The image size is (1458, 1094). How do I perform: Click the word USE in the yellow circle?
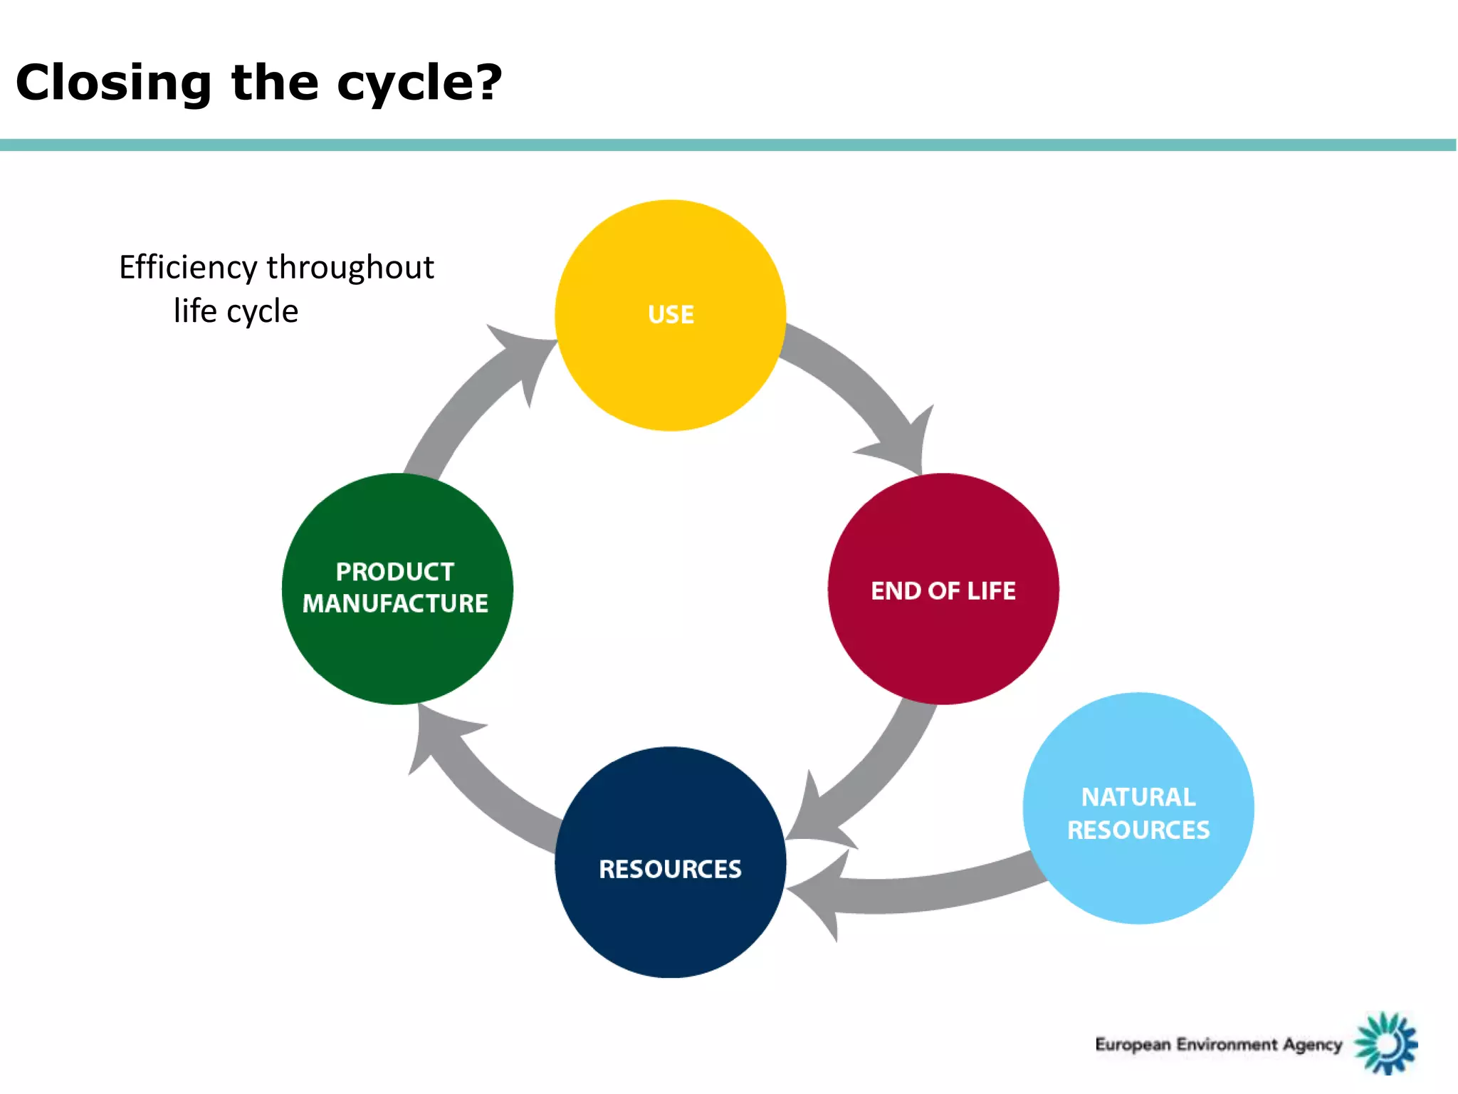pyautogui.click(x=671, y=315)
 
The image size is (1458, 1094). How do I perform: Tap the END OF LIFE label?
pyautogui.click(x=943, y=590)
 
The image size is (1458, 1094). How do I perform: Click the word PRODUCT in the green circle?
pyautogui.click(x=395, y=571)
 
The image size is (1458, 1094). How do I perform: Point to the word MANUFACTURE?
pyautogui.click(x=395, y=604)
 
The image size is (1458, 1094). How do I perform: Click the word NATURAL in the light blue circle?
pyautogui.click(x=1138, y=797)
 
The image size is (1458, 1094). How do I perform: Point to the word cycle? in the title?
pyautogui.click(x=419, y=83)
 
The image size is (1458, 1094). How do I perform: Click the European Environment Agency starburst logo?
pyautogui.click(x=1385, y=1043)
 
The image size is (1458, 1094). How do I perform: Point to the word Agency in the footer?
pyautogui.click(x=1312, y=1045)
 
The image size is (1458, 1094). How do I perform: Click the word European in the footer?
pyautogui.click(x=1132, y=1045)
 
